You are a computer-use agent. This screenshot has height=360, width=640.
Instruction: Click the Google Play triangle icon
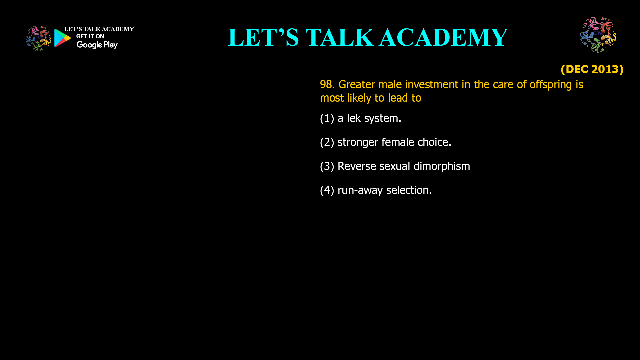pyautogui.click(x=62, y=38)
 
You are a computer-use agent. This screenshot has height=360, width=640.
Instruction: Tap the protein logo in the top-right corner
pyautogui.click(x=598, y=35)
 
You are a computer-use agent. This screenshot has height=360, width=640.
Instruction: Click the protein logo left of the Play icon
pyautogui.click(x=38, y=39)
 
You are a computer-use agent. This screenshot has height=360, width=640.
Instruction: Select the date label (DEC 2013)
pyautogui.click(x=592, y=69)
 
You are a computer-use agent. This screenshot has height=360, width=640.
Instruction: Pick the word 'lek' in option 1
pyautogui.click(x=354, y=118)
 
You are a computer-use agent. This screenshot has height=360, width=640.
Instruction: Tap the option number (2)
pyautogui.click(x=327, y=142)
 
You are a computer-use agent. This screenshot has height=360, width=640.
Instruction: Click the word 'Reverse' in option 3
pyautogui.click(x=357, y=166)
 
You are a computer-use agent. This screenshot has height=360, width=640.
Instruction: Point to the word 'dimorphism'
pyautogui.click(x=442, y=166)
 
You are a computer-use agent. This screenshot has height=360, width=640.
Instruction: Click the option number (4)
pyautogui.click(x=327, y=190)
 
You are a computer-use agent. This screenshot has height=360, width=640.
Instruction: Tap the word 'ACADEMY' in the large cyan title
pyautogui.click(x=444, y=37)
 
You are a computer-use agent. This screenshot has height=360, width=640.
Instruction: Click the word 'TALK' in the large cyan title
pyautogui.click(x=340, y=37)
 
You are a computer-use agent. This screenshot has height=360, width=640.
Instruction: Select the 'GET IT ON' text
pyautogui.click(x=90, y=36)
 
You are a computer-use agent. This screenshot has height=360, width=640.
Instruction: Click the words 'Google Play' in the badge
pyautogui.click(x=97, y=45)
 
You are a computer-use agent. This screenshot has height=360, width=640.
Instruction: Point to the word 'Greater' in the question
pyautogui.click(x=357, y=85)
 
